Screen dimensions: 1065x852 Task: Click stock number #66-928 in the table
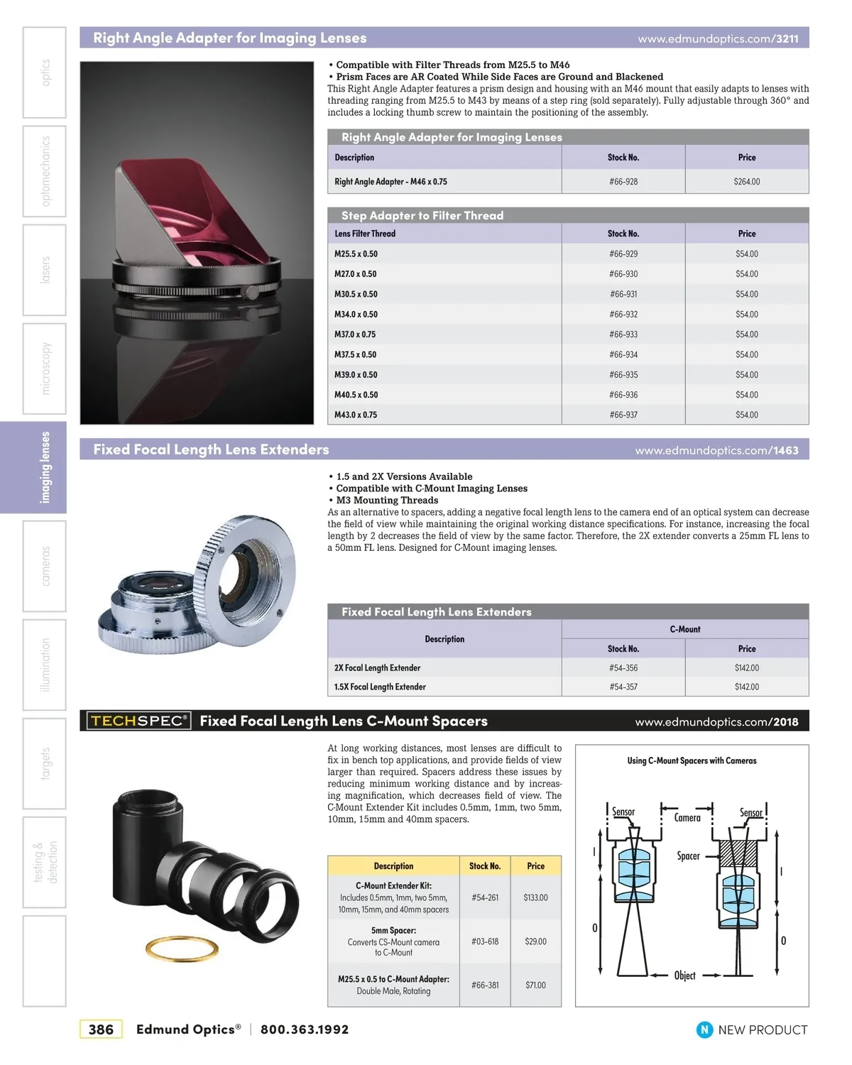(x=623, y=182)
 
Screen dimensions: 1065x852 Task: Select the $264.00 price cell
(x=746, y=182)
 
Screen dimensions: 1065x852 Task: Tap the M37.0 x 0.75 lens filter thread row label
(x=355, y=334)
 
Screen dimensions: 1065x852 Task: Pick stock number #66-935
(x=623, y=375)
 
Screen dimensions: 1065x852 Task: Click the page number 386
(x=101, y=1029)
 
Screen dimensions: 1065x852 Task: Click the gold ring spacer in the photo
(x=182, y=949)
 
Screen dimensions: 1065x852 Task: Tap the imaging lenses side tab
(x=45, y=467)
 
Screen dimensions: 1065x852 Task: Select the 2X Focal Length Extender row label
(x=377, y=668)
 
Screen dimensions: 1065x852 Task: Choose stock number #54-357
(x=623, y=687)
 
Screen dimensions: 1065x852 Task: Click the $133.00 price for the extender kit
(x=535, y=897)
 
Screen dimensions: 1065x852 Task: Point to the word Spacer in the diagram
(x=688, y=856)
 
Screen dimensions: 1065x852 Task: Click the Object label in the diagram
(x=684, y=976)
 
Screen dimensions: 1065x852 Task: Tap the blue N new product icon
(x=704, y=1029)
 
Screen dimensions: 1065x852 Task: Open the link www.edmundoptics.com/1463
(x=716, y=450)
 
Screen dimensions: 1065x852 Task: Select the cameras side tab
(x=45, y=566)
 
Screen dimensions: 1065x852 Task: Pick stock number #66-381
(x=485, y=985)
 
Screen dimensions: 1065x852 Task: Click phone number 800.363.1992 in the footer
(x=305, y=1029)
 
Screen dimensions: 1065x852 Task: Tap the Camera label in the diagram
(x=687, y=818)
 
